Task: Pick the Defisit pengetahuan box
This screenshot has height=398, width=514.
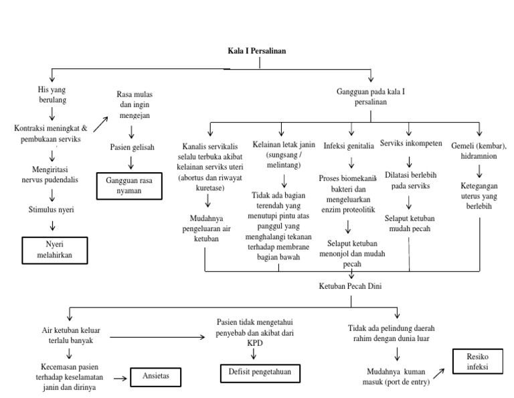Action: [260, 373]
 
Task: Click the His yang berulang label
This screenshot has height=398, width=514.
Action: [52, 94]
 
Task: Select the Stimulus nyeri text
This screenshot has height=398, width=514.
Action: [52, 210]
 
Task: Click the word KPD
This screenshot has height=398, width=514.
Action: [255, 341]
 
